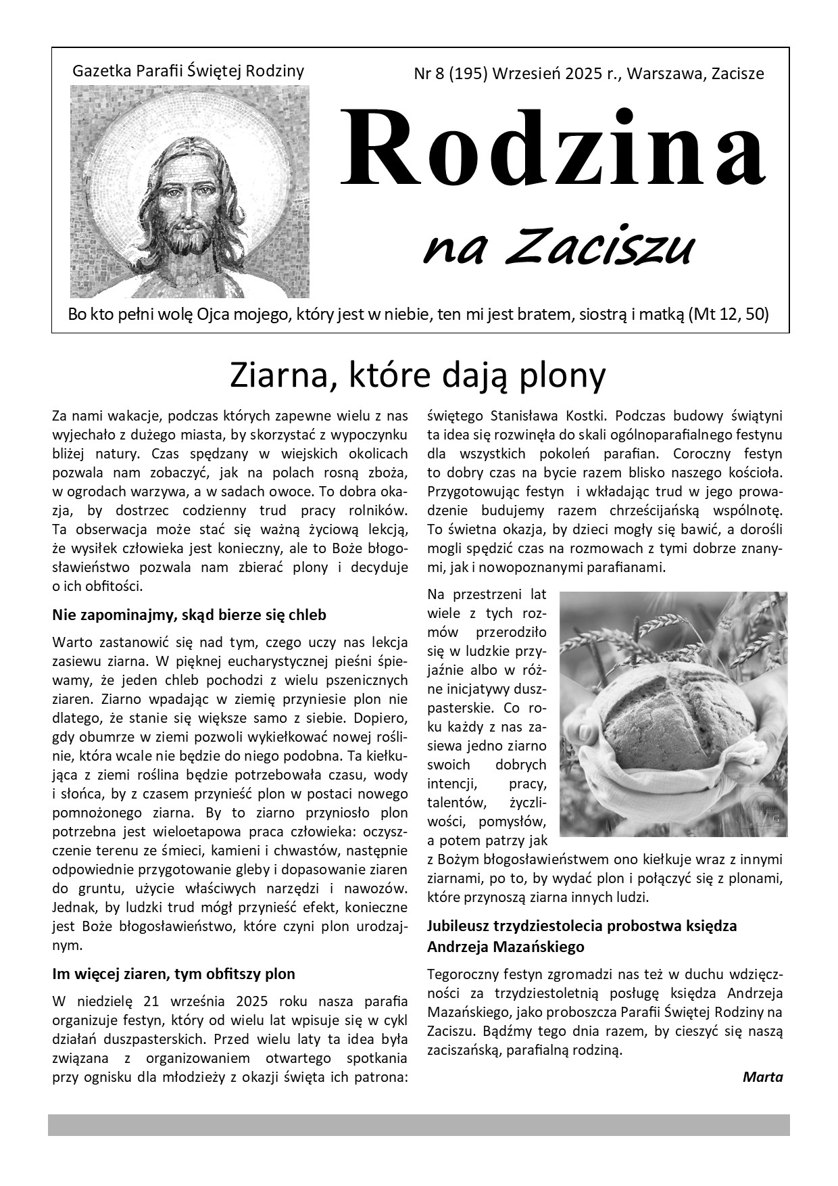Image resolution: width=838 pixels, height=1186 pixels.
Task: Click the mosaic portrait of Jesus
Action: coord(189,192)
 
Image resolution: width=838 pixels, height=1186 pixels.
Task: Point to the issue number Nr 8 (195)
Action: coord(450,74)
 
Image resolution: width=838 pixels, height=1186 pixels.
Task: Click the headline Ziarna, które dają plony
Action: coord(418,375)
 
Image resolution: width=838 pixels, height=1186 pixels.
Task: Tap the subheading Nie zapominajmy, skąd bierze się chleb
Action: coord(189,615)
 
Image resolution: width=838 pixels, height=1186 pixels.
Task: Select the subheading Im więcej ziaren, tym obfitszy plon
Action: coord(174,974)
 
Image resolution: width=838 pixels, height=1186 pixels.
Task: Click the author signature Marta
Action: coord(762,1076)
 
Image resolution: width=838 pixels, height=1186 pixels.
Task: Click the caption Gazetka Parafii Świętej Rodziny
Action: coord(188,71)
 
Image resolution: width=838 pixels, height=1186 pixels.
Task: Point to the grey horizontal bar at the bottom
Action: coord(418,1125)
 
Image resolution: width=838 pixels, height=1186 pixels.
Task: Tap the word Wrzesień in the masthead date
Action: coord(524,74)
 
